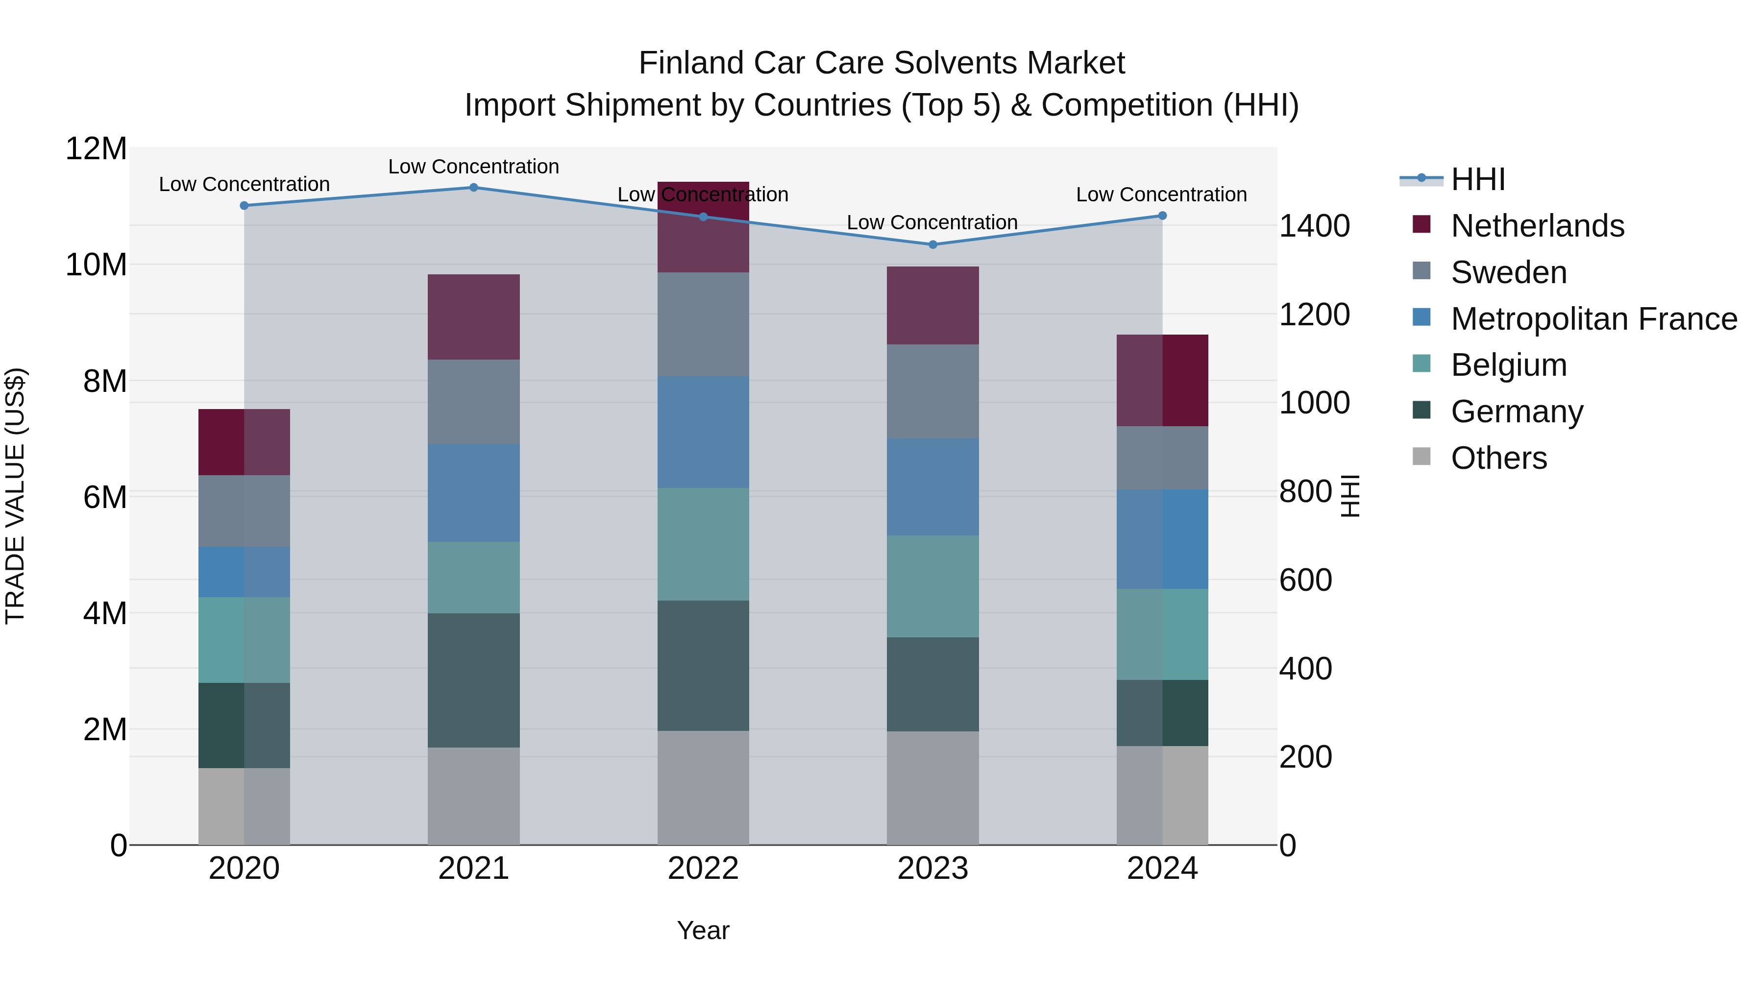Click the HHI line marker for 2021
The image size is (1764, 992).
473,187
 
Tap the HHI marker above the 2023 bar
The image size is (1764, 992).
932,244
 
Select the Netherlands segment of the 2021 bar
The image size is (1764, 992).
473,317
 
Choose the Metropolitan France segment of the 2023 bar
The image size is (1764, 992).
932,487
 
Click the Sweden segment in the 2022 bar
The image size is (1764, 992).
703,324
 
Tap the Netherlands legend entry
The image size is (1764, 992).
1537,226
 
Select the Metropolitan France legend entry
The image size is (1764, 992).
1593,319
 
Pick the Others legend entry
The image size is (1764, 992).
1498,458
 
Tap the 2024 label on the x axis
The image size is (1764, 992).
1162,869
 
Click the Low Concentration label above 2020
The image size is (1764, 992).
244,184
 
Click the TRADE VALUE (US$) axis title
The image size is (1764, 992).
15,496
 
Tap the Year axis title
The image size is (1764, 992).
703,930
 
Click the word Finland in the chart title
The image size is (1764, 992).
691,63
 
